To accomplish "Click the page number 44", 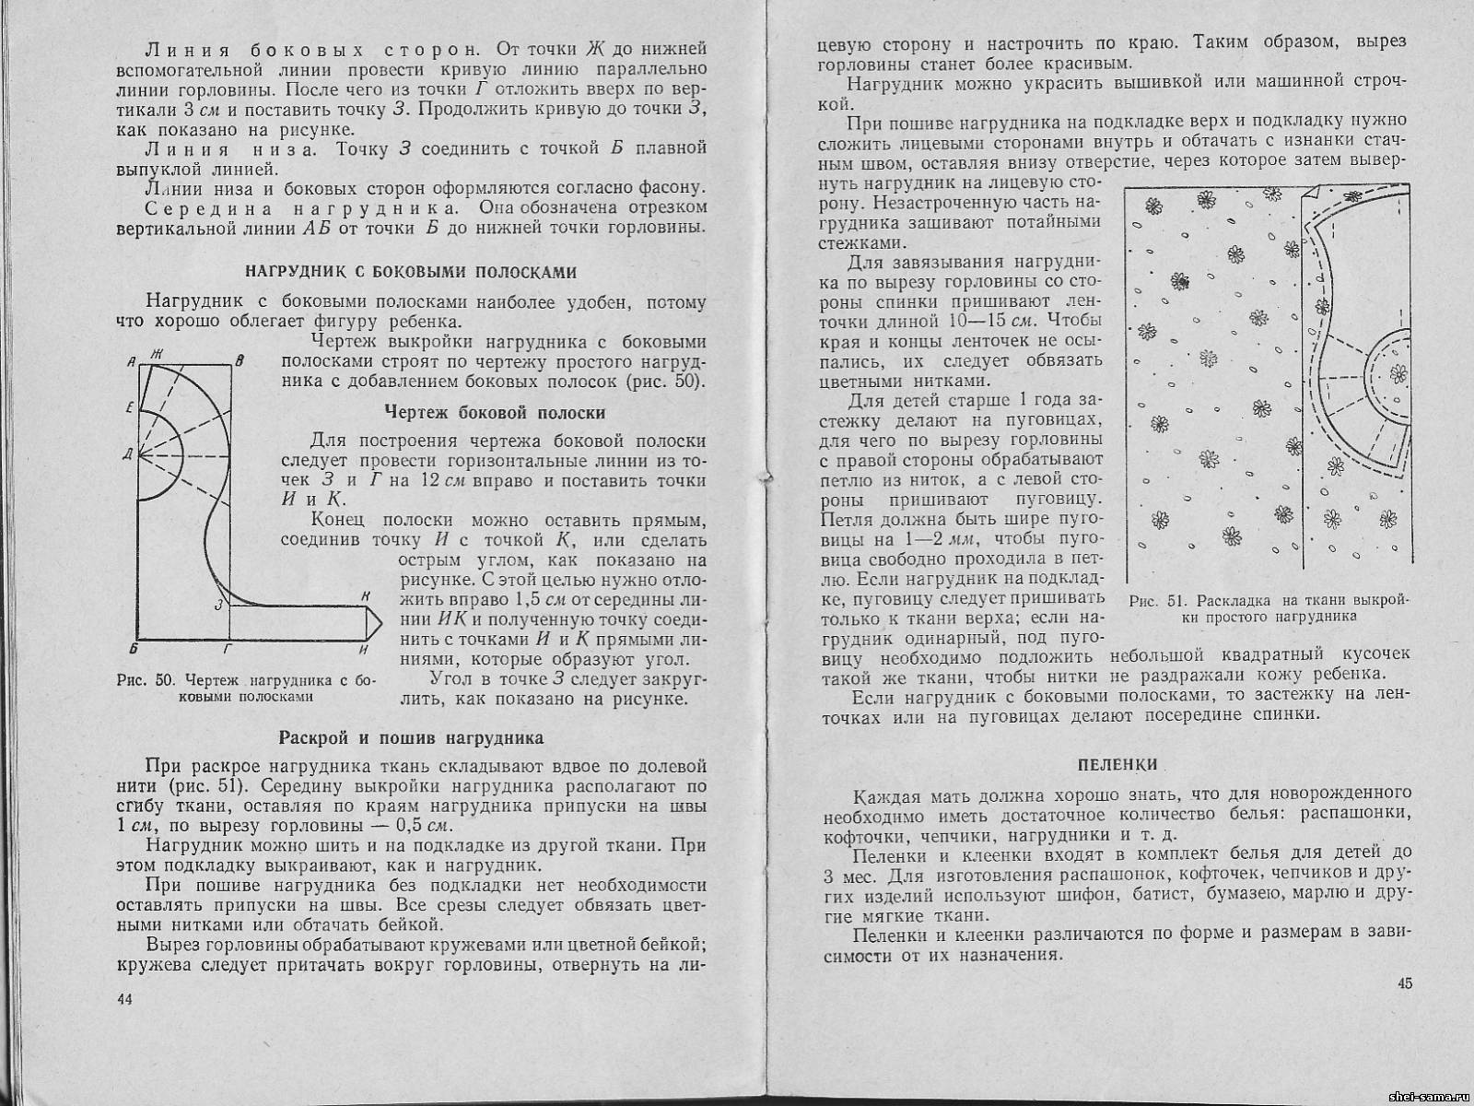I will pyautogui.click(x=125, y=1001).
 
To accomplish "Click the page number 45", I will pyautogui.click(x=1404, y=983).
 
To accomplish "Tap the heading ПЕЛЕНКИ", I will pyautogui.click(x=1117, y=764).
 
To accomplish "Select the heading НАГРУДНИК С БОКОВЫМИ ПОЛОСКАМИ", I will pyautogui.click(x=410, y=272).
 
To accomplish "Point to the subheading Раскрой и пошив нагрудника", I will pyautogui.click(x=411, y=737).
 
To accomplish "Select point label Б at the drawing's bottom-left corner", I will pyautogui.click(x=135, y=648).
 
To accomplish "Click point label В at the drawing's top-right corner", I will pyautogui.click(x=240, y=362).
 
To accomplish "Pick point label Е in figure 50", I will pyautogui.click(x=130, y=406).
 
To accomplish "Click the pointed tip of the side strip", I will pyautogui.click(x=378, y=624).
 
